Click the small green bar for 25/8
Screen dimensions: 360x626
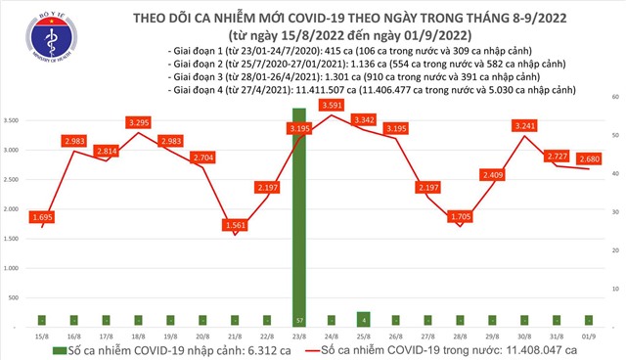[363, 318]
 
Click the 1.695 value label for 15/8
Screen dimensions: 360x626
[41, 216]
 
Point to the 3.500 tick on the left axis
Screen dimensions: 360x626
[12, 120]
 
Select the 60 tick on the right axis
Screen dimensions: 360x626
[612, 98]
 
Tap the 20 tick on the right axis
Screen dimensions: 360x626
[612, 250]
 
